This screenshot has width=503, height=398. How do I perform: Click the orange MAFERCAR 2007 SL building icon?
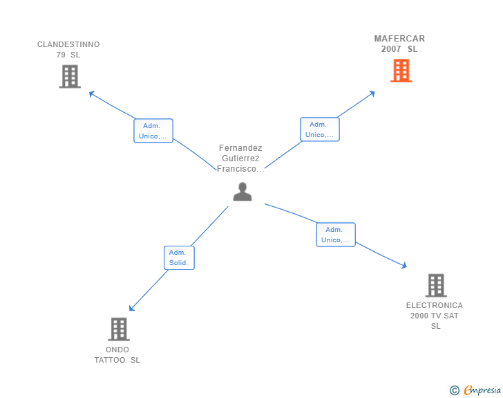click(x=401, y=71)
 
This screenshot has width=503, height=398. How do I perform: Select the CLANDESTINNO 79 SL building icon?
click(x=70, y=76)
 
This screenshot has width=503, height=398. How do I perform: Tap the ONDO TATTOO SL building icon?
click(x=119, y=329)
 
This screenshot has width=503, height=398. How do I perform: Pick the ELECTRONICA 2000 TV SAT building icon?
click(x=435, y=284)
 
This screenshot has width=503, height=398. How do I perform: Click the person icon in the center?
click(x=243, y=192)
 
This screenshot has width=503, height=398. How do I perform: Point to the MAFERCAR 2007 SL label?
click(x=399, y=44)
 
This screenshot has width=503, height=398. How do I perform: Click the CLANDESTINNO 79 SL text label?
click(x=68, y=49)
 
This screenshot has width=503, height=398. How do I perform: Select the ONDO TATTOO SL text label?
click(x=117, y=354)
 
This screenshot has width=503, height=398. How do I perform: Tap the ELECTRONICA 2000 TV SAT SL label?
click(x=435, y=315)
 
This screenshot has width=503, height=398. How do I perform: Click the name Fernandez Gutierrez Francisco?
click(x=240, y=159)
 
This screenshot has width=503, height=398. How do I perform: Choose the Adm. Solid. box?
click(x=179, y=257)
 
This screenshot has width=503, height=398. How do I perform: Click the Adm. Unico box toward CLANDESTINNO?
click(x=153, y=131)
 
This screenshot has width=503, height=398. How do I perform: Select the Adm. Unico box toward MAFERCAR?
click(x=319, y=129)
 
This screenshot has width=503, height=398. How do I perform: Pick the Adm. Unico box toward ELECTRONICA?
click(x=335, y=235)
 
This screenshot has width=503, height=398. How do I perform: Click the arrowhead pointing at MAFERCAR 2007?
click(x=372, y=93)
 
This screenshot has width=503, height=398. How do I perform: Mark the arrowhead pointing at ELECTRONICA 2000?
click(x=404, y=265)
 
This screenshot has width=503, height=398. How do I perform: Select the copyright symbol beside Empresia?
click(x=455, y=390)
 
